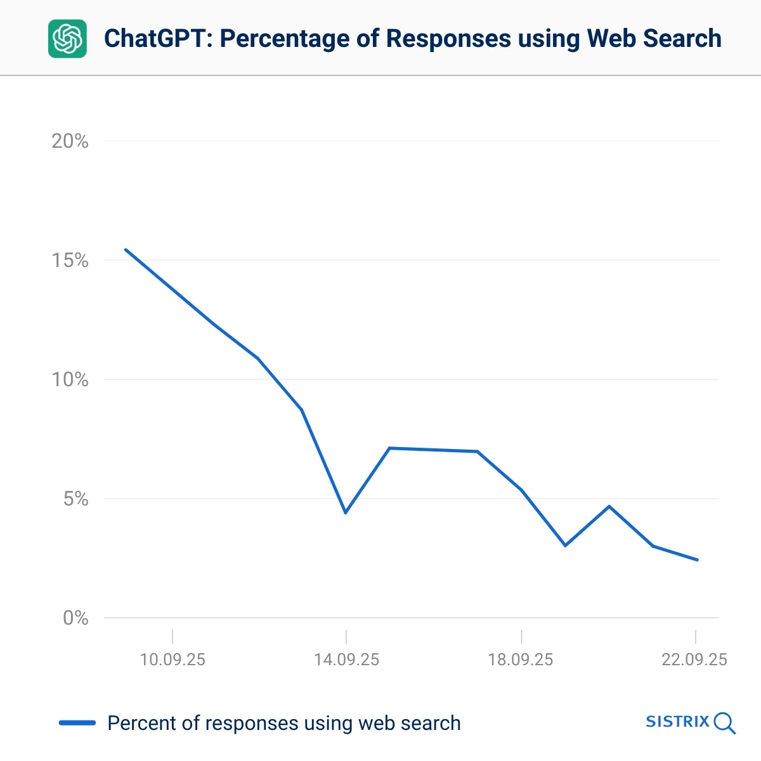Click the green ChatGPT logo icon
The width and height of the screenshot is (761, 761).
[67, 39]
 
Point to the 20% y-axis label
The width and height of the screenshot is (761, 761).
[70, 141]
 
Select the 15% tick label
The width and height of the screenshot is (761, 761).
[70, 261]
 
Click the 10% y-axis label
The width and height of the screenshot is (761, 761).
[70, 380]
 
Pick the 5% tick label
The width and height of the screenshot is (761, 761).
[75, 499]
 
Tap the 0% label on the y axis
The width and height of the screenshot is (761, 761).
[75, 618]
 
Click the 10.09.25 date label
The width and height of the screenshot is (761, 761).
[172, 660]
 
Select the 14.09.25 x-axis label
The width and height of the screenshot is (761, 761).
[346, 660]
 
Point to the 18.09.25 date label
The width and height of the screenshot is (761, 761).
[521, 660]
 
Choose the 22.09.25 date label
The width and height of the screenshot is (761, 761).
[694, 660]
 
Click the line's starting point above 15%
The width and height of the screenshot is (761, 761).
[126, 250]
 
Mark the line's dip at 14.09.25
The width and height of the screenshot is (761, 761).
[346, 512]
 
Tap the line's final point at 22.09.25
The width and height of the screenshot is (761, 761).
[697, 560]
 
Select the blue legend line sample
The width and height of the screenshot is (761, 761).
[77, 723]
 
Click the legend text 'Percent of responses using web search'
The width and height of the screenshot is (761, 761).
[284, 723]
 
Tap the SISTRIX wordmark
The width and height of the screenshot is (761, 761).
[677, 722]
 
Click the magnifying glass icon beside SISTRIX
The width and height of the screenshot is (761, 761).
[724, 723]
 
